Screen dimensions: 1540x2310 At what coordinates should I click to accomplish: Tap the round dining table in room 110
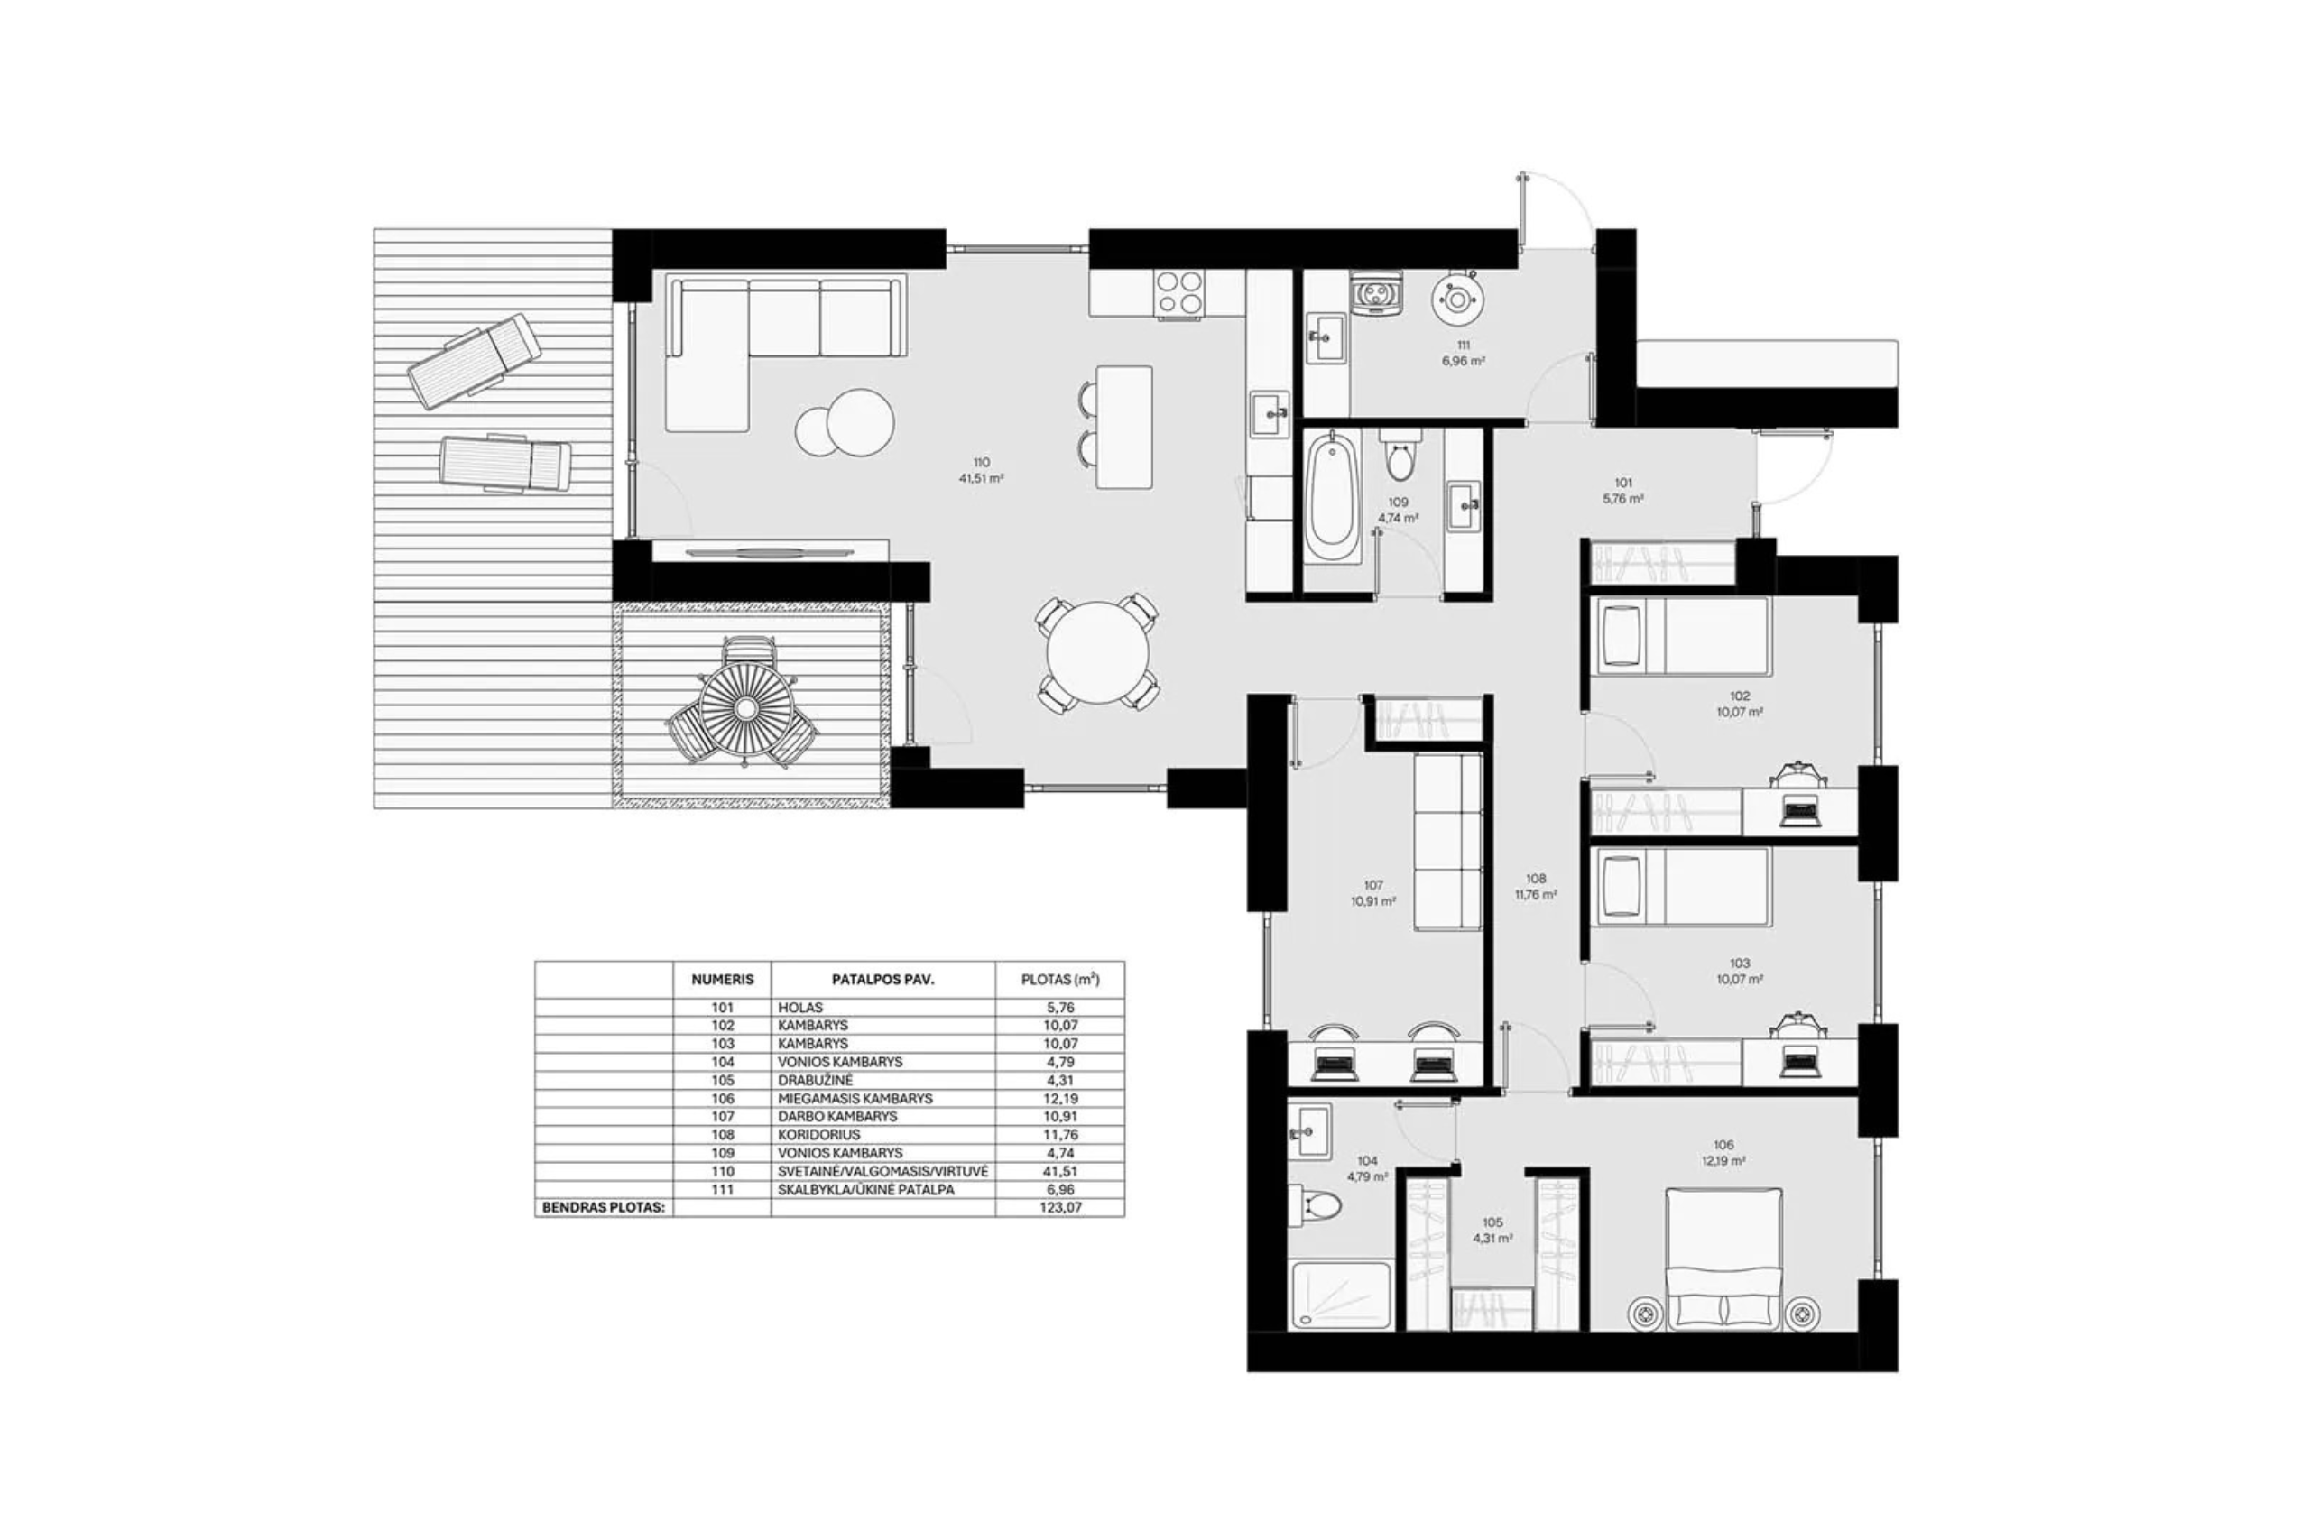(x=1097, y=653)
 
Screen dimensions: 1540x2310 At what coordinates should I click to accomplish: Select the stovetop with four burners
(x=1179, y=292)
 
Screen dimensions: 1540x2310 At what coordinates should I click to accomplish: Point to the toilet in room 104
(x=1315, y=1204)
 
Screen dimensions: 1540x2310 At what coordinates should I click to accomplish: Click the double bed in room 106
(x=1723, y=1259)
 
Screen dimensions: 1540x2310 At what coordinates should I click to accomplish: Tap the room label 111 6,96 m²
(x=1463, y=353)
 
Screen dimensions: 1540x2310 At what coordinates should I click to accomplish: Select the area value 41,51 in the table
(x=1058, y=1172)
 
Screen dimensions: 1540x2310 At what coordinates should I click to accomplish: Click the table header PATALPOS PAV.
(x=882, y=979)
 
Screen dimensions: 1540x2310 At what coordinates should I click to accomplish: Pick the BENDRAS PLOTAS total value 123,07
(x=1058, y=1208)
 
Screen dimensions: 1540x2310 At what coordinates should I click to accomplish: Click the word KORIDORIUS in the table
(x=818, y=1135)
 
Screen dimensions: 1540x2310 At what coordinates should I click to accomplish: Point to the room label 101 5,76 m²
(x=1622, y=490)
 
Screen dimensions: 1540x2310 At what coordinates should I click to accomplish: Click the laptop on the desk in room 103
(x=1800, y=1064)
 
